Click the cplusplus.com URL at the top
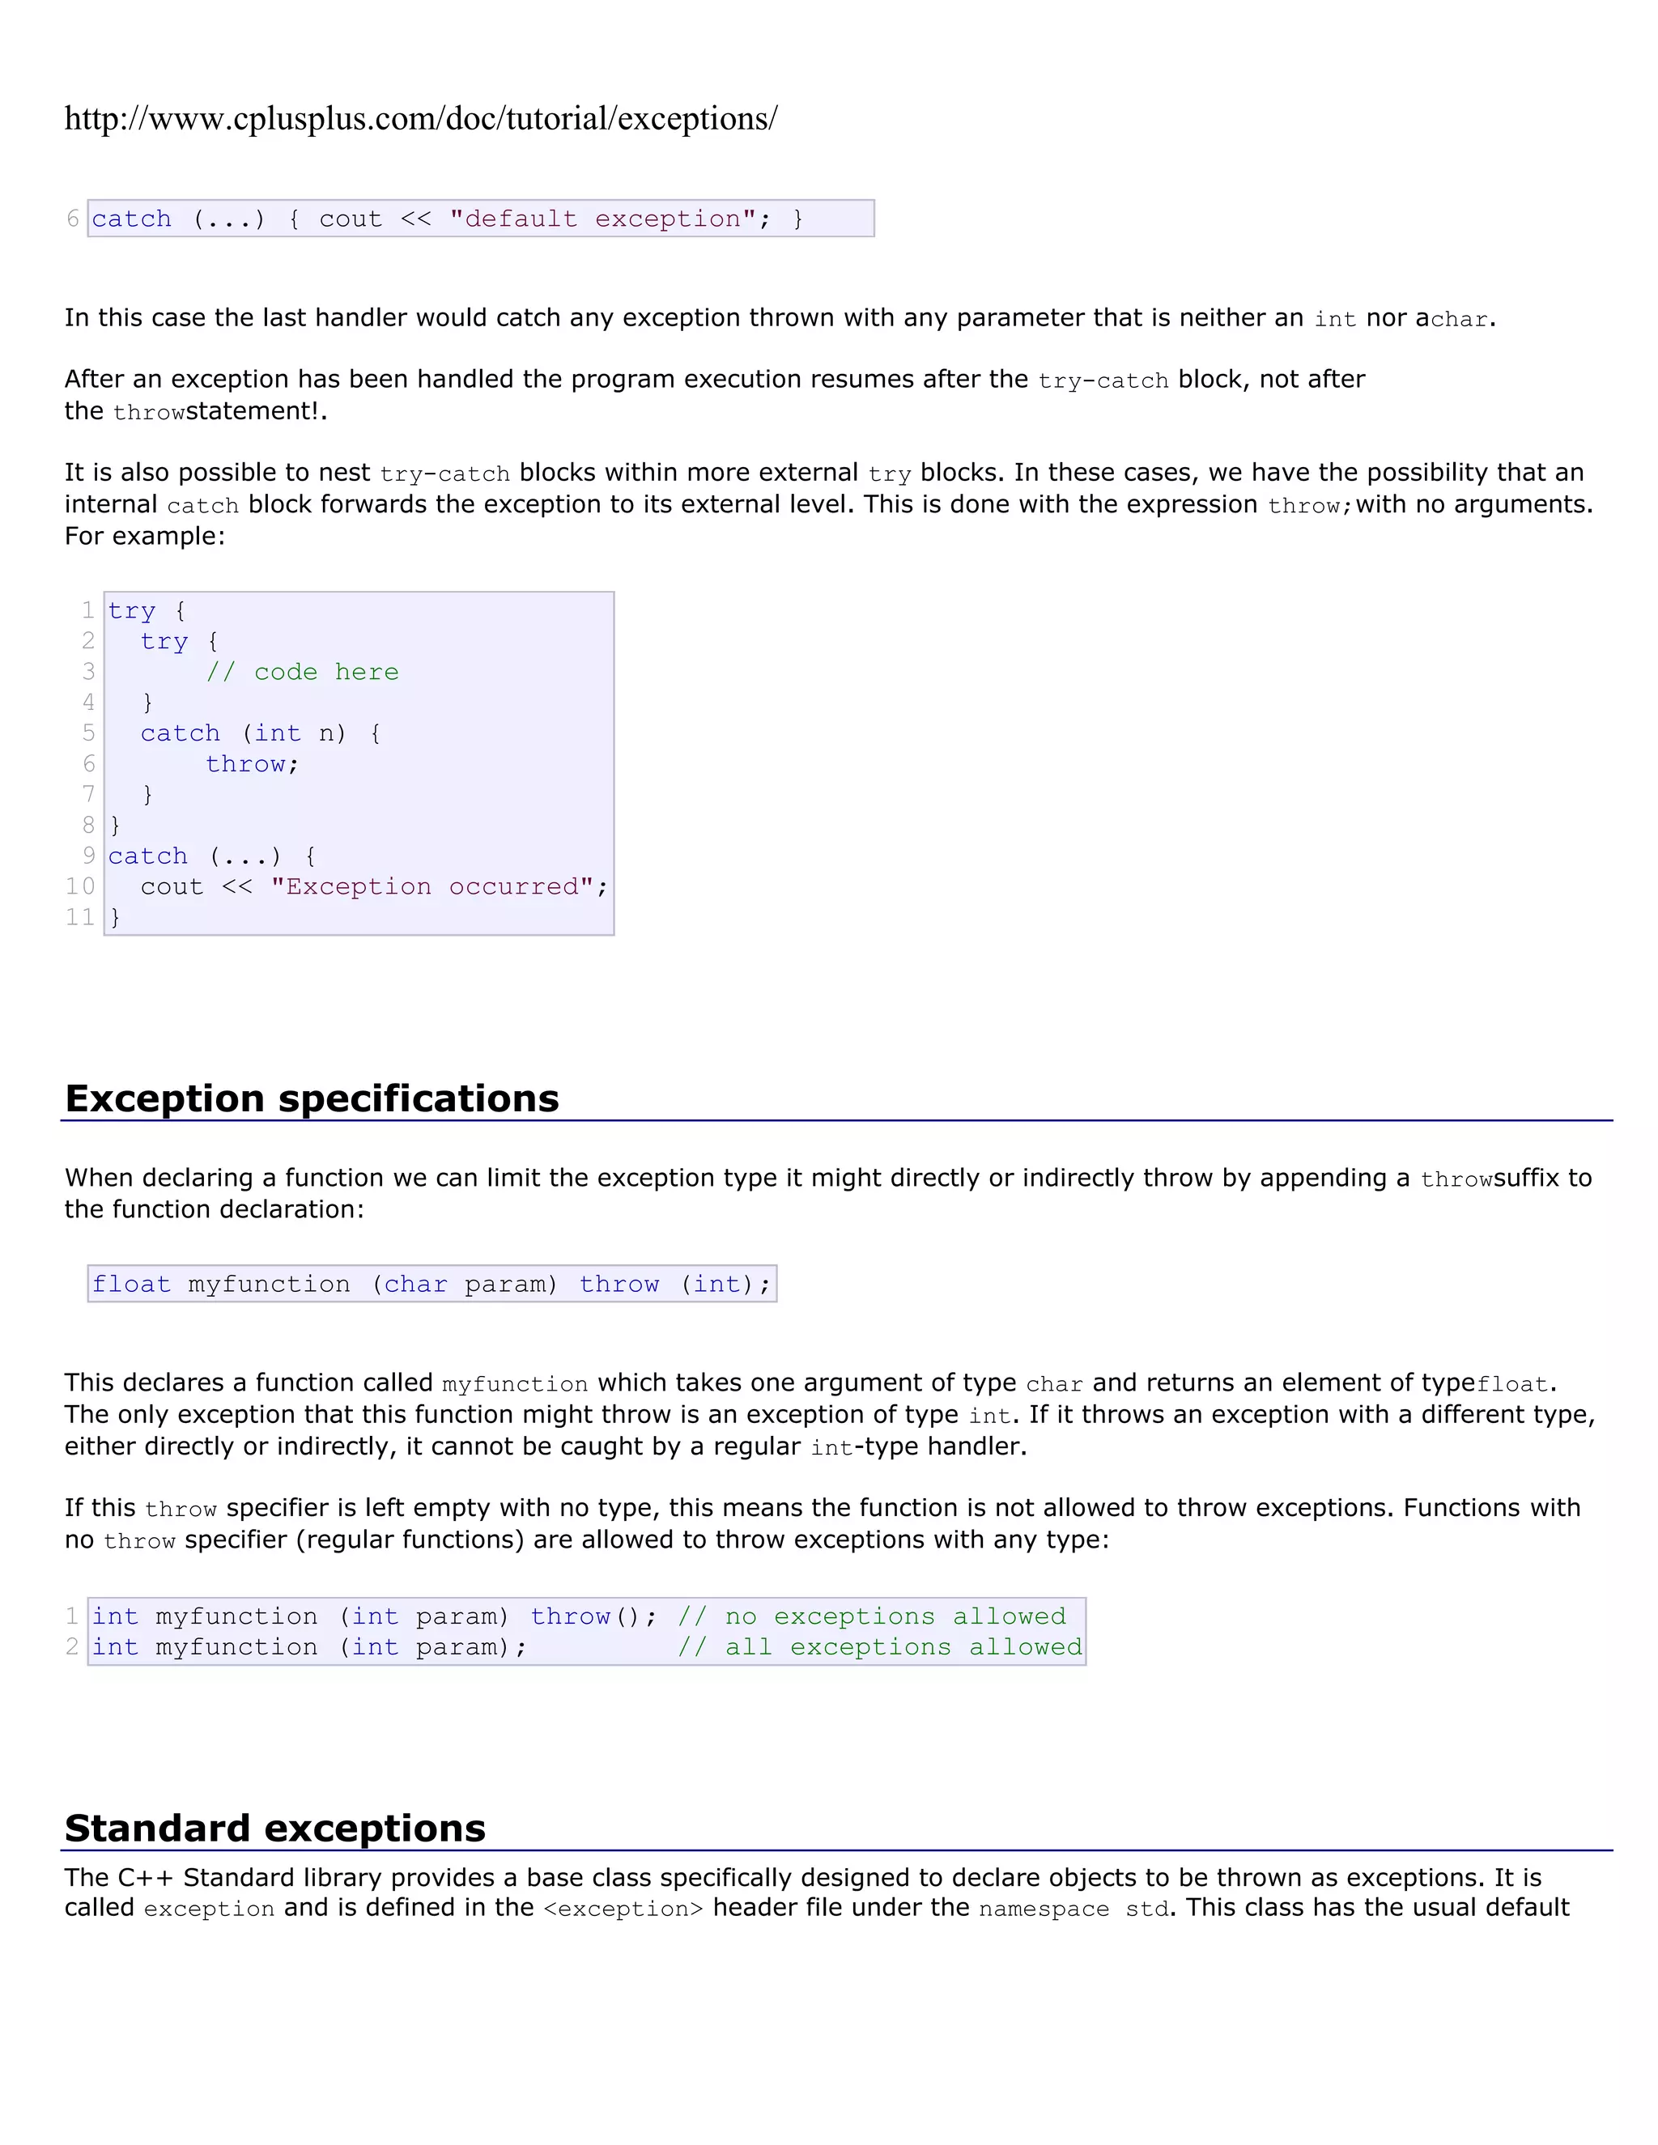click(x=420, y=119)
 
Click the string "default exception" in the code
click(x=602, y=219)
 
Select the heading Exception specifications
click(x=312, y=1098)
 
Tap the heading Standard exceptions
click(x=275, y=1828)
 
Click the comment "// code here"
click(x=303, y=672)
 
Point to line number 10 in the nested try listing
click(x=80, y=886)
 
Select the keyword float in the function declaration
click(x=132, y=1284)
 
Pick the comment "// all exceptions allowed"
click(x=879, y=1646)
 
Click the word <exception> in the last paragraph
click(x=623, y=1909)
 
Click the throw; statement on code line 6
click(x=252, y=764)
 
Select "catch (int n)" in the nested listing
click(x=243, y=733)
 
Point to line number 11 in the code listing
click(x=80, y=916)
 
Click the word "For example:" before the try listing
click(x=144, y=536)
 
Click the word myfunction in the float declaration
click(x=269, y=1284)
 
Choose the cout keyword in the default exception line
click(x=350, y=219)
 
